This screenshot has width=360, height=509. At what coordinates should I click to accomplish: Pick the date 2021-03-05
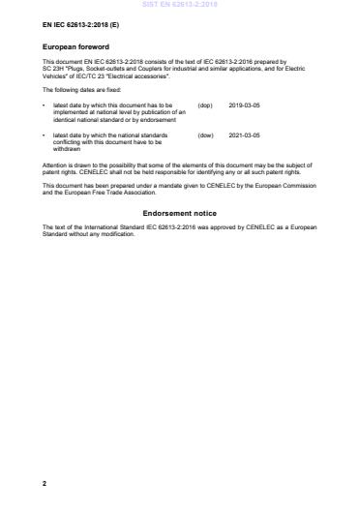[x=245, y=136]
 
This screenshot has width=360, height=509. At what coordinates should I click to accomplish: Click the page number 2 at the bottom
[x=45, y=481]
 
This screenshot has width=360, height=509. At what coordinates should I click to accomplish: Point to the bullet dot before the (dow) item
[x=45, y=136]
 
